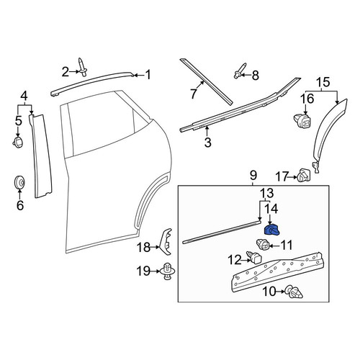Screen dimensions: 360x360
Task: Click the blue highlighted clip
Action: [271, 230]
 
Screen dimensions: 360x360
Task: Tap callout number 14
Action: [271, 208]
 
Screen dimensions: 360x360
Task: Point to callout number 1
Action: [148, 75]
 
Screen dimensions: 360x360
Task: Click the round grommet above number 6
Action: [19, 183]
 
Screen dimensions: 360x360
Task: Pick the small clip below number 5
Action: [18, 143]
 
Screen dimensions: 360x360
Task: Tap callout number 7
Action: [194, 93]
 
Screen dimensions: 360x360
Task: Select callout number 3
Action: [207, 142]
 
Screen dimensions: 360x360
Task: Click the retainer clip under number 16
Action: [302, 120]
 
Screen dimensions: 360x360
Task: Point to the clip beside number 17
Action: [304, 176]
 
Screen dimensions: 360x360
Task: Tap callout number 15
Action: [323, 82]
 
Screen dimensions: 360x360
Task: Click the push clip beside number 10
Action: [293, 292]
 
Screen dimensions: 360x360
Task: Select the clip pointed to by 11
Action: [263, 244]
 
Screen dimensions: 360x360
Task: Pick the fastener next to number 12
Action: [254, 258]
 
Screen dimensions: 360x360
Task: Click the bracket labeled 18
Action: [166, 242]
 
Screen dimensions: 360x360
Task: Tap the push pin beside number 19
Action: [167, 271]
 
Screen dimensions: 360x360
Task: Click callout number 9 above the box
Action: [253, 176]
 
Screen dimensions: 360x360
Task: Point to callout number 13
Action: [266, 192]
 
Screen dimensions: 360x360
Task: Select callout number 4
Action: [24, 96]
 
